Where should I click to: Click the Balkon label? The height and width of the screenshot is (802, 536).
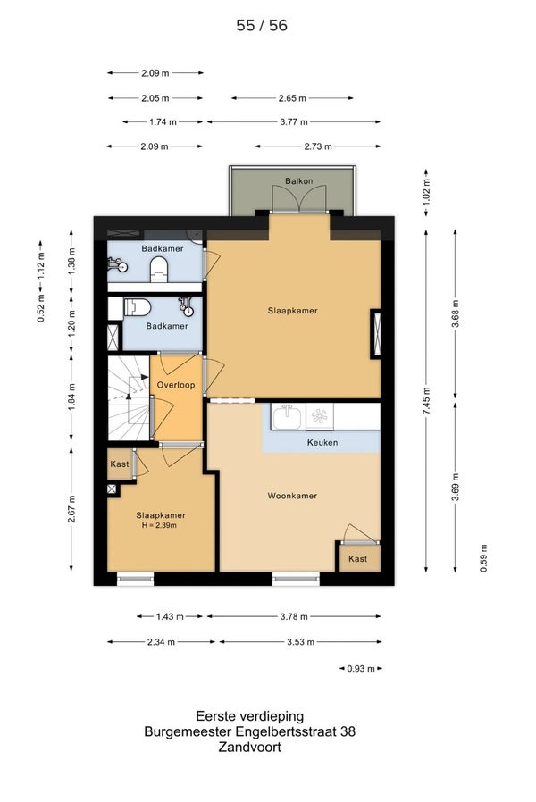tap(298, 180)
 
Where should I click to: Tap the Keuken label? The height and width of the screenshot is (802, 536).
tap(322, 442)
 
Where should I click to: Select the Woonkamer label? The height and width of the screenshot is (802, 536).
tap(292, 496)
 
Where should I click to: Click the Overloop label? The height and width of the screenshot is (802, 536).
tap(176, 385)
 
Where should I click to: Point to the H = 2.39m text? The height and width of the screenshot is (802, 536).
tap(159, 525)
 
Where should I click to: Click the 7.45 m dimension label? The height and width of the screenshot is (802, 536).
tap(426, 402)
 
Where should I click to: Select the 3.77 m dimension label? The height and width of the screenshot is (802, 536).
tap(294, 121)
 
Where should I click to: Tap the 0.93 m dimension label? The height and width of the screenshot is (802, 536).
tap(361, 669)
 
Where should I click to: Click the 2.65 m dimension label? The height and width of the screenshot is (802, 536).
tap(292, 97)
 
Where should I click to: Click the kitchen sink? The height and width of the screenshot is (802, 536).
tap(289, 416)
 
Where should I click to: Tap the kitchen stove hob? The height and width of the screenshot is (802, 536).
tap(320, 416)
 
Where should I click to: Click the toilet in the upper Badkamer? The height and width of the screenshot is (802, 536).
tap(159, 269)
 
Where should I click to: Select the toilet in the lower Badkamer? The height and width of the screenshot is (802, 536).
tap(138, 307)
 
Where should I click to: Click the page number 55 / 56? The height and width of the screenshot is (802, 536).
tap(262, 25)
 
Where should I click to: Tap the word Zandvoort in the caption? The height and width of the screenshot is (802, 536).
tap(249, 747)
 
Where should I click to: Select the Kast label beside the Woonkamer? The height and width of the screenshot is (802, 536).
tap(357, 558)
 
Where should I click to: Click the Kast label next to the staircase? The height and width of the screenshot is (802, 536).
tap(120, 464)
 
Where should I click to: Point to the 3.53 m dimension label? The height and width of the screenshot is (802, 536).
tap(301, 642)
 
